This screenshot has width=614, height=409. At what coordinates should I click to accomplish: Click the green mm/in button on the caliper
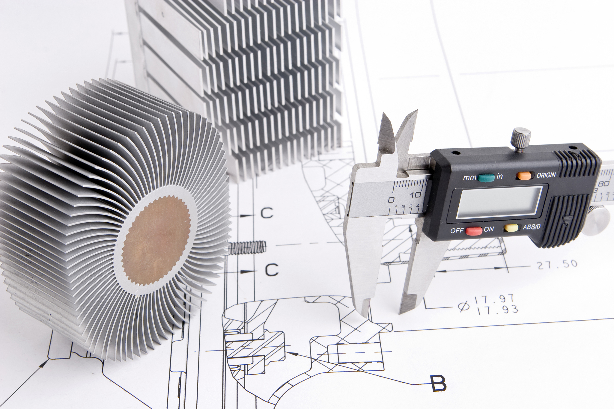pyautogui.click(x=486, y=178)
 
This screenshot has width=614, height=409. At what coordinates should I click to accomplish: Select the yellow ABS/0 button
pyautogui.click(x=511, y=228)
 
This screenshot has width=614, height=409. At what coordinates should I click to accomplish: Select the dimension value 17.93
pyautogui.click(x=497, y=309)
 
